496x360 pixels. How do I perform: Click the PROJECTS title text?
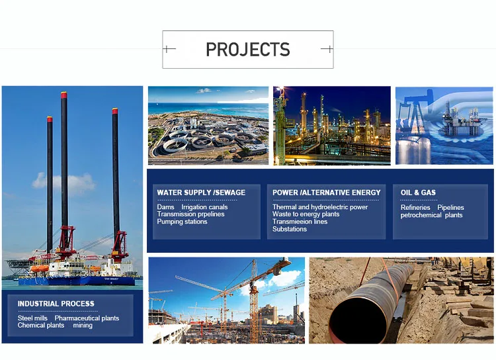coord(248,50)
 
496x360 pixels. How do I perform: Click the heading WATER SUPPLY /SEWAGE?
coord(201,193)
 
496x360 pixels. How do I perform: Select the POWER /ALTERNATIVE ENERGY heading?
coord(327,193)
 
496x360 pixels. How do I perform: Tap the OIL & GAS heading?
coord(418,193)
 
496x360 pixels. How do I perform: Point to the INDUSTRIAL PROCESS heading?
coord(56,304)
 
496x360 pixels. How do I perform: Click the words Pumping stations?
coord(182,222)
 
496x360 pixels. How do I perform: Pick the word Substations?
coord(290,229)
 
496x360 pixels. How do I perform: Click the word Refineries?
coord(415,208)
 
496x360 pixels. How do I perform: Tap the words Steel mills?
coord(33,318)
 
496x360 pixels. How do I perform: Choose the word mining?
coord(83,326)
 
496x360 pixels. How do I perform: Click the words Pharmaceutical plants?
coord(87,318)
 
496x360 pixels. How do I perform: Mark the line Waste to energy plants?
coord(306,214)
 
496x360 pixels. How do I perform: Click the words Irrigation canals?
coord(204,207)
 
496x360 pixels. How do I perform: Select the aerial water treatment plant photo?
coord(208,125)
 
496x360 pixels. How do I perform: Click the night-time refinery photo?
coord(332,125)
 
